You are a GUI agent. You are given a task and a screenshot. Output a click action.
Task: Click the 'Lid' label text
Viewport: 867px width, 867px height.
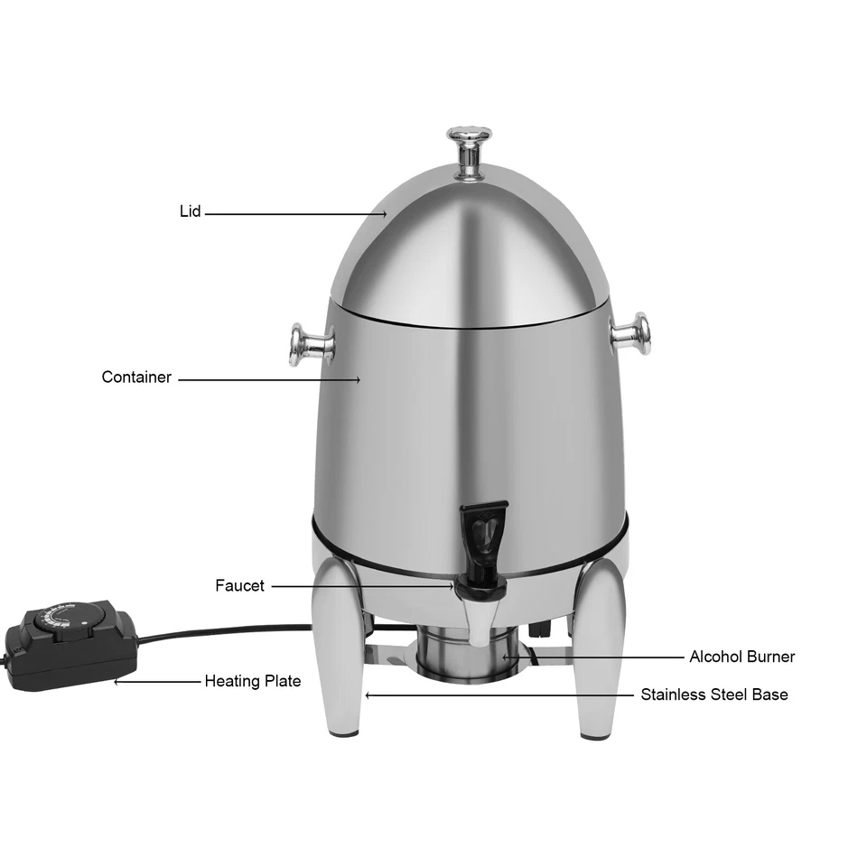pos(190,212)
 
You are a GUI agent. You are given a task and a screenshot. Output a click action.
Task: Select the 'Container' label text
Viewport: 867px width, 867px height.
pos(136,378)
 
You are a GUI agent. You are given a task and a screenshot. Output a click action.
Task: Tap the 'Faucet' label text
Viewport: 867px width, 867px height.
pos(239,585)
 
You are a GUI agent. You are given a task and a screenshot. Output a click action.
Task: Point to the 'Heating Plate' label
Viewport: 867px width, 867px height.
pos(252,681)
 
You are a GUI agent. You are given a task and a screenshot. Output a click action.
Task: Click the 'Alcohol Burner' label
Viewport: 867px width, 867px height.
pos(741,657)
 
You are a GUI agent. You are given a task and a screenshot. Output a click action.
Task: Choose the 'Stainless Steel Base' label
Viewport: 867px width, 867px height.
pos(713,695)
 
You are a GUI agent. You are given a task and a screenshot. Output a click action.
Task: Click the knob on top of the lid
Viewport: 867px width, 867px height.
pos(470,144)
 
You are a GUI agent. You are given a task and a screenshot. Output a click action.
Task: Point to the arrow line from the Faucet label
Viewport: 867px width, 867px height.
pos(361,585)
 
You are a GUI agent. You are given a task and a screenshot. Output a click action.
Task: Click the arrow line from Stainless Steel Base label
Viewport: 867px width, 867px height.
pos(497,695)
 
